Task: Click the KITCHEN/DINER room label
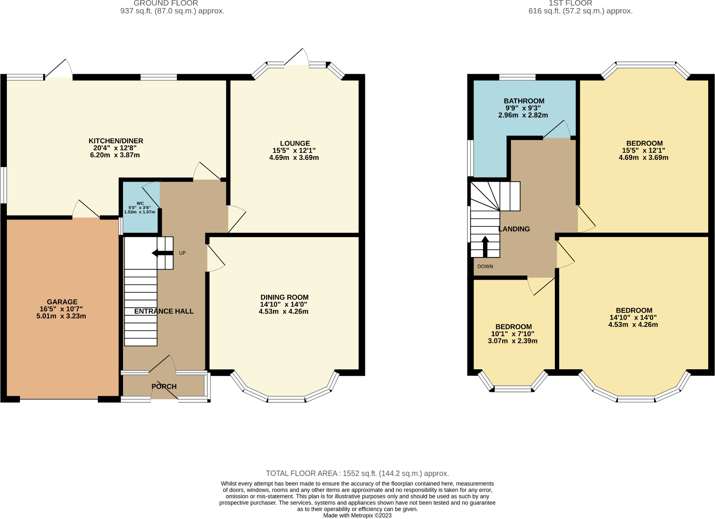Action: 116,141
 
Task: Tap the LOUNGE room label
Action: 295,143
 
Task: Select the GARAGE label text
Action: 62,302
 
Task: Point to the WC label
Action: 140,203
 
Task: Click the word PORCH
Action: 164,387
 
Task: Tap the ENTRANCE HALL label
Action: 164,311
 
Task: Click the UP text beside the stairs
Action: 182,253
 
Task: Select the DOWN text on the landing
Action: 485,266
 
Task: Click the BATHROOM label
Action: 524,101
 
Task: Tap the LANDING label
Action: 514,229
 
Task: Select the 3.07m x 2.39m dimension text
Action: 513,341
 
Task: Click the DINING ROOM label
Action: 284,297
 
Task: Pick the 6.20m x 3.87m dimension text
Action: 115,155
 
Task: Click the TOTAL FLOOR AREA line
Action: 357,473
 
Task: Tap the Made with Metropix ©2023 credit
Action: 357,515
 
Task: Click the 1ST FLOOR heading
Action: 570,3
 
